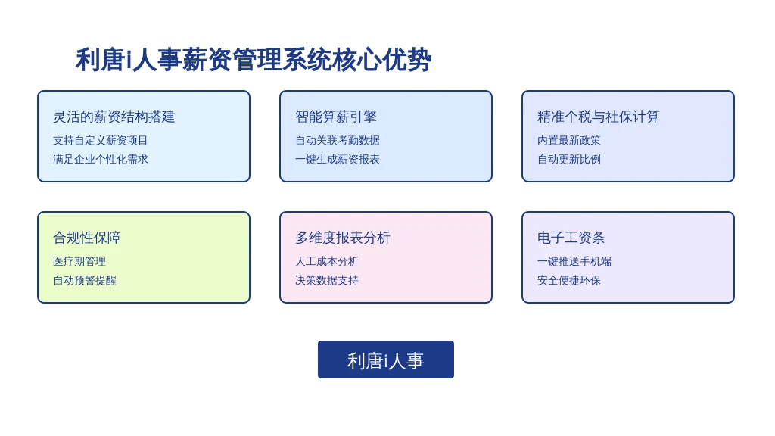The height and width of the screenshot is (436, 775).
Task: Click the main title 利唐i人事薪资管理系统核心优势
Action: click(254, 60)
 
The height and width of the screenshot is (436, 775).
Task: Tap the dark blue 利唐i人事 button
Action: click(385, 360)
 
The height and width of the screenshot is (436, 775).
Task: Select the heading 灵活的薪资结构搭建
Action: click(114, 117)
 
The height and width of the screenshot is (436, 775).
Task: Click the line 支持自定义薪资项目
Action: click(101, 140)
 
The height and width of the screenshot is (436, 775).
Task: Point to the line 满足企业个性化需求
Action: click(101, 159)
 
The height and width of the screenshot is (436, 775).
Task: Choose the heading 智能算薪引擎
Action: click(336, 117)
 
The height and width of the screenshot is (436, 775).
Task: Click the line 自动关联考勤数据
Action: click(338, 140)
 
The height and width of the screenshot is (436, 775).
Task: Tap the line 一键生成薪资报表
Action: click(338, 159)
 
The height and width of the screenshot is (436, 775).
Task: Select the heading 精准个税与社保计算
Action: click(599, 117)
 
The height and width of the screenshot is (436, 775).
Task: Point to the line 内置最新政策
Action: click(569, 140)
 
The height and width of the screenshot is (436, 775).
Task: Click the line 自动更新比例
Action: click(569, 159)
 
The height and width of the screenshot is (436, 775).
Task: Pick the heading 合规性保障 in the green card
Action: click(87, 238)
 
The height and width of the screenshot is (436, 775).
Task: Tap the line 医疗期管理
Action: click(79, 261)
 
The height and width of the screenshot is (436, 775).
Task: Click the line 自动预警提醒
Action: click(85, 280)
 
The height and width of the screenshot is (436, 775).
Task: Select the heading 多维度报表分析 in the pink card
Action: click(343, 238)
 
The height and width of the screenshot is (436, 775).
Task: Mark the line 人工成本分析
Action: click(327, 261)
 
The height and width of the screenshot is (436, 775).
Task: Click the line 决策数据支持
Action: click(327, 280)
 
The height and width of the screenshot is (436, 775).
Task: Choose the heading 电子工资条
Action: click(571, 238)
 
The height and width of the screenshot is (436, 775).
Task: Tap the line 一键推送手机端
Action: click(574, 261)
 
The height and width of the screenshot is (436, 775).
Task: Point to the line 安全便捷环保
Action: click(569, 280)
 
